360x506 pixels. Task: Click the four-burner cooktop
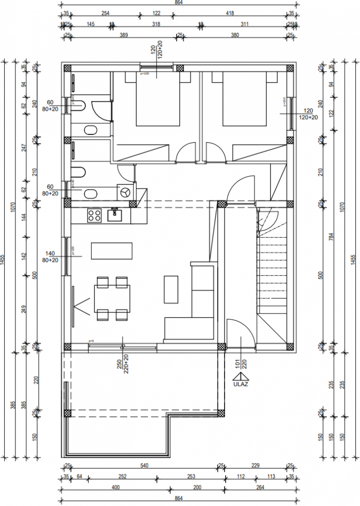coord(94,215)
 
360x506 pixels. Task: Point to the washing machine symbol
coord(126,192)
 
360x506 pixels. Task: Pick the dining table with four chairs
coord(112,298)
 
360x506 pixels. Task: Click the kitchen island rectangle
coord(112,250)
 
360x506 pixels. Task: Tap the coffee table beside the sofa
coord(171,289)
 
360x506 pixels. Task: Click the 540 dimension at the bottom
coord(144,465)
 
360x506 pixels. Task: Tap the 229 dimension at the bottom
coord(256,465)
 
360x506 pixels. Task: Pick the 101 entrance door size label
coord(238,364)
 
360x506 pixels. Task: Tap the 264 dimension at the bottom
coord(260,488)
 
